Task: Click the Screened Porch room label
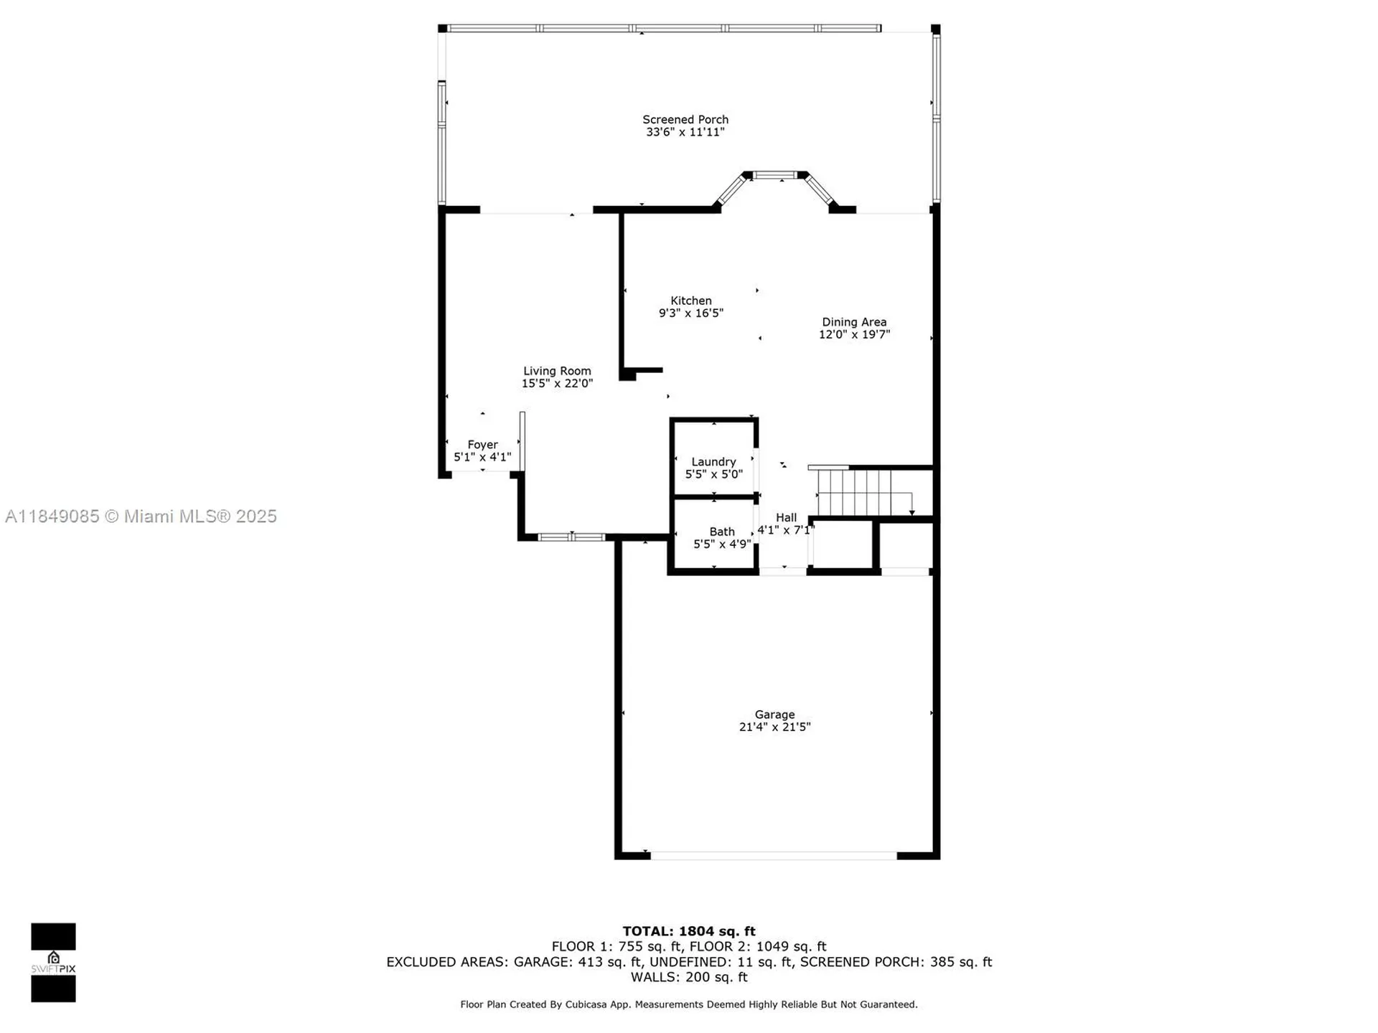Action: (x=685, y=120)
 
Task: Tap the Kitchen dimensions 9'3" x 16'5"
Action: (x=690, y=313)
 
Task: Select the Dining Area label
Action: (x=854, y=322)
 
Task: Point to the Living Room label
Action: (x=557, y=371)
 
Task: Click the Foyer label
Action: (x=482, y=445)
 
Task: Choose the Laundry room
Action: (x=713, y=462)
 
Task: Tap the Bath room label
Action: (x=722, y=532)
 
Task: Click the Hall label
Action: (x=786, y=517)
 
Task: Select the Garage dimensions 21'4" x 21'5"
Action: (x=774, y=727)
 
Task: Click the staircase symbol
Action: (x=858, y=493)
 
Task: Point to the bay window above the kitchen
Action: (x=774, y=175)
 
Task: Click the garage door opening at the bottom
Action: (x=773, y=855)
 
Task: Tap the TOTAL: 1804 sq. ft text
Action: (x=688, y=931)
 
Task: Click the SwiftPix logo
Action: (x=53, y=962)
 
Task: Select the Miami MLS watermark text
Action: (x=141, y=516)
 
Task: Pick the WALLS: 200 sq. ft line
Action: (x=688, y=977)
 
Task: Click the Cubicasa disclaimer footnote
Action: (x=688, y=1004)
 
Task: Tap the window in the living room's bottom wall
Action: (x=571, y=537)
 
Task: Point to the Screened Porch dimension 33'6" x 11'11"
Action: (x=685, y=133)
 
